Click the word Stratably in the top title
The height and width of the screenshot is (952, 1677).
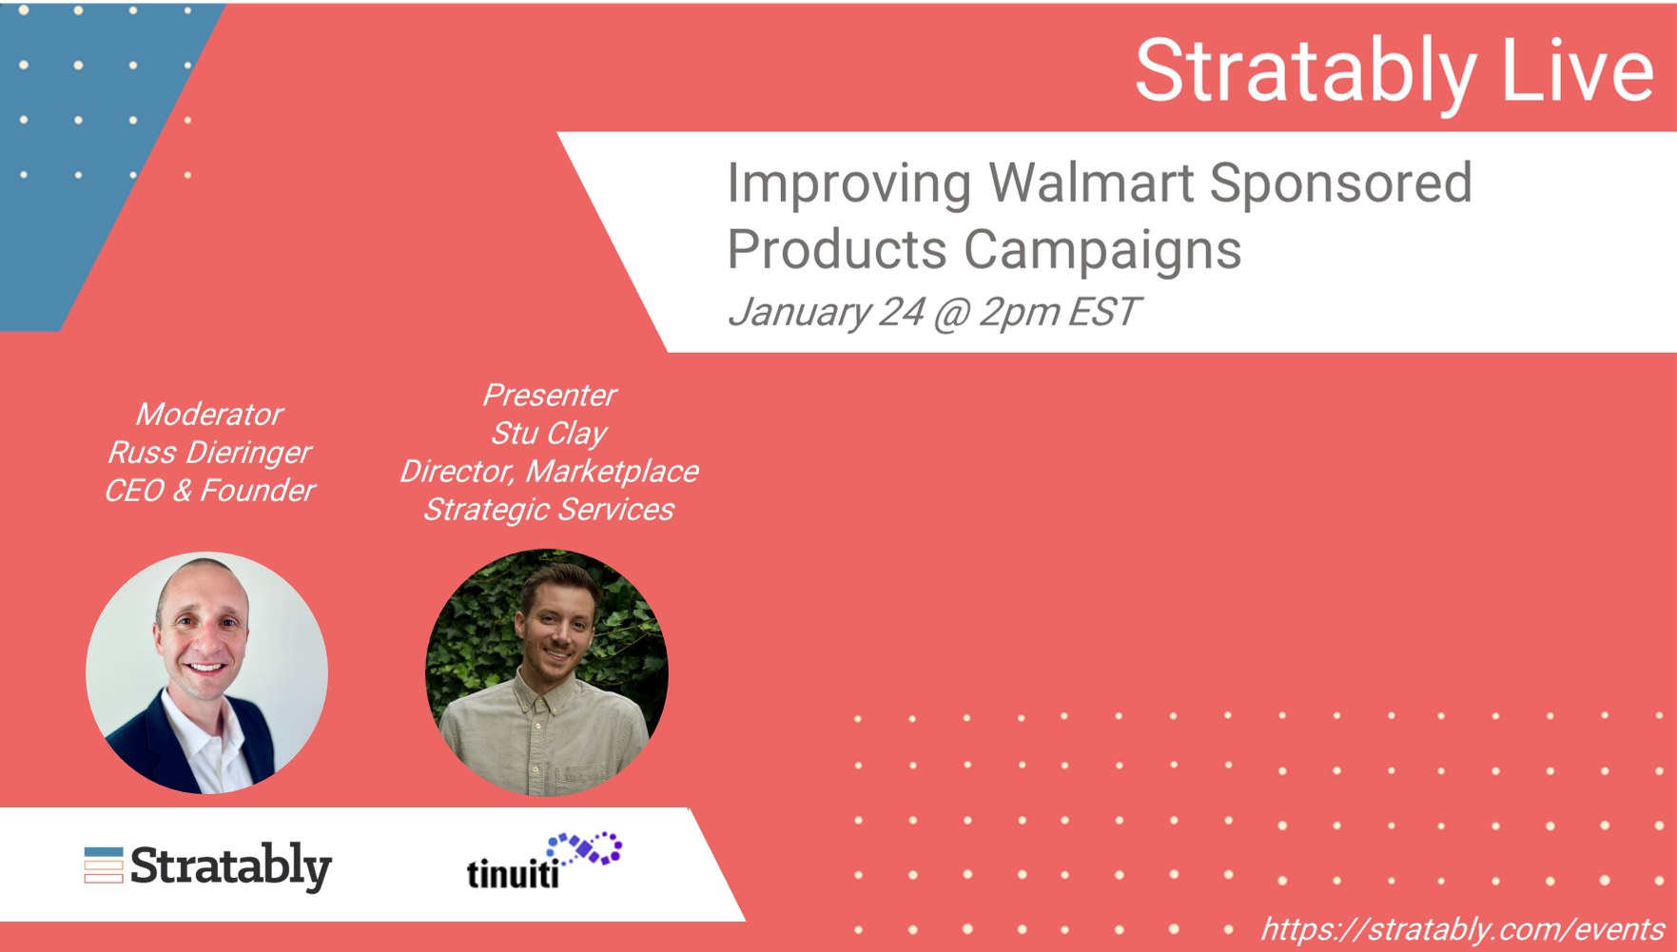1306,72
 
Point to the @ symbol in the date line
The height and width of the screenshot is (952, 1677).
951,313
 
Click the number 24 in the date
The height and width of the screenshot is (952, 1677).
901,312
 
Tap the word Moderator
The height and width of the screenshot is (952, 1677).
209,415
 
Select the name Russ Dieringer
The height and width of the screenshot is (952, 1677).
209,454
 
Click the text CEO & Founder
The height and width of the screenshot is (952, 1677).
209,491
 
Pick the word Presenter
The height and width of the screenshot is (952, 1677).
549,395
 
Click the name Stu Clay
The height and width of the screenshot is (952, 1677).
549,434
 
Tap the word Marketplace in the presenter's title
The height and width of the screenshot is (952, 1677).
613,472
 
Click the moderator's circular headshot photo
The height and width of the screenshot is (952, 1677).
206,672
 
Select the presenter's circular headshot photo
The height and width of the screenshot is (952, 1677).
546,672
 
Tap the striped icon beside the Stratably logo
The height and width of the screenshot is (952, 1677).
104,865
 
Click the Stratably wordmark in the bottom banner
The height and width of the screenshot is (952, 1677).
231,866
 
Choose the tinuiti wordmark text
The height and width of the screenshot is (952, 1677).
513,871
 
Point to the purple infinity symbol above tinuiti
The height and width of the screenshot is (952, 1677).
586,848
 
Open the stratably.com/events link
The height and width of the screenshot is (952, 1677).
1462,929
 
